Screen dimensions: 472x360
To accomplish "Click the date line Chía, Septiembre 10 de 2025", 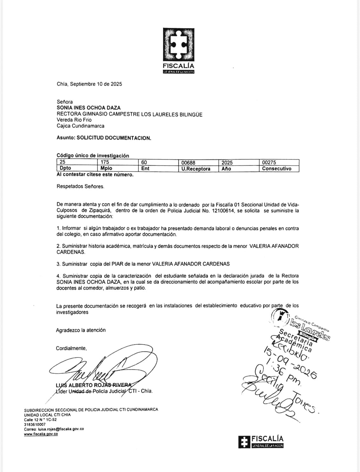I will (89, 84).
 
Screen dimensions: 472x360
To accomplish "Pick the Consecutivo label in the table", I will (277, 169).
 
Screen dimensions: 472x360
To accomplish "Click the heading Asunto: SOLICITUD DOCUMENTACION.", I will (104, 138).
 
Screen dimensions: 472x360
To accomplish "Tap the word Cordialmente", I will (71, 348).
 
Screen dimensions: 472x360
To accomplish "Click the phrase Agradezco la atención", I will (81, 330).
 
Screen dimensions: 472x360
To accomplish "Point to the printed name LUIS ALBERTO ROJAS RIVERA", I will (94, 385).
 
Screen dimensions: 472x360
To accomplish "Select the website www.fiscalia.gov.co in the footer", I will (41, 434).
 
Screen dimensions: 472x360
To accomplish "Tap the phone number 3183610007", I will (35, 424).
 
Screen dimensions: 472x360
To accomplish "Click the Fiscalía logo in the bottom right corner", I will (261, 441).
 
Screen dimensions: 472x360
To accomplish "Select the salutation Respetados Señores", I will (80, 187).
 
